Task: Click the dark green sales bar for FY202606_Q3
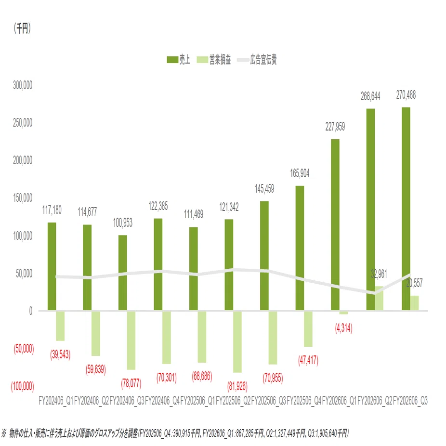pyautogui.click(x=406, y=209)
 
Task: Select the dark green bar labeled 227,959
pyautogui.click(x=335, y=225)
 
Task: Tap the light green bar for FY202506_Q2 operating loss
pyautogui.click(x=237, y=341)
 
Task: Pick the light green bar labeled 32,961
pyautogui.click(x=379, y=298)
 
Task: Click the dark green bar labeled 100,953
pyautogui.click(x=123, y=273)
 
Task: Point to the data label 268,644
pyautogui.click(x=370, y=96)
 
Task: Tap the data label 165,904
pyautogui.click(x=300, y=173)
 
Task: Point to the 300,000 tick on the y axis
pyautogui.click(x=23, y=85)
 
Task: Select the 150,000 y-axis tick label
pyautogui.click(x=23, y=198)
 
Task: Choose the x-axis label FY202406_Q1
pyautogui.click(x=56, y=401)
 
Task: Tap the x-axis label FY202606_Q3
pyautogui.click(x=410, y=401)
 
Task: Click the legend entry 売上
pyautogui.click(x=178, y=60)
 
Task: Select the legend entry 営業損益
pyautogui.click(x=214, y=60)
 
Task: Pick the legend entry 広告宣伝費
pyautogui.click(x=257, y=60)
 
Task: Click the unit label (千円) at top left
pyautogui.click(x=22, y=28)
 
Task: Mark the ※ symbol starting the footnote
pyautogui.click(x=4, y=433)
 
